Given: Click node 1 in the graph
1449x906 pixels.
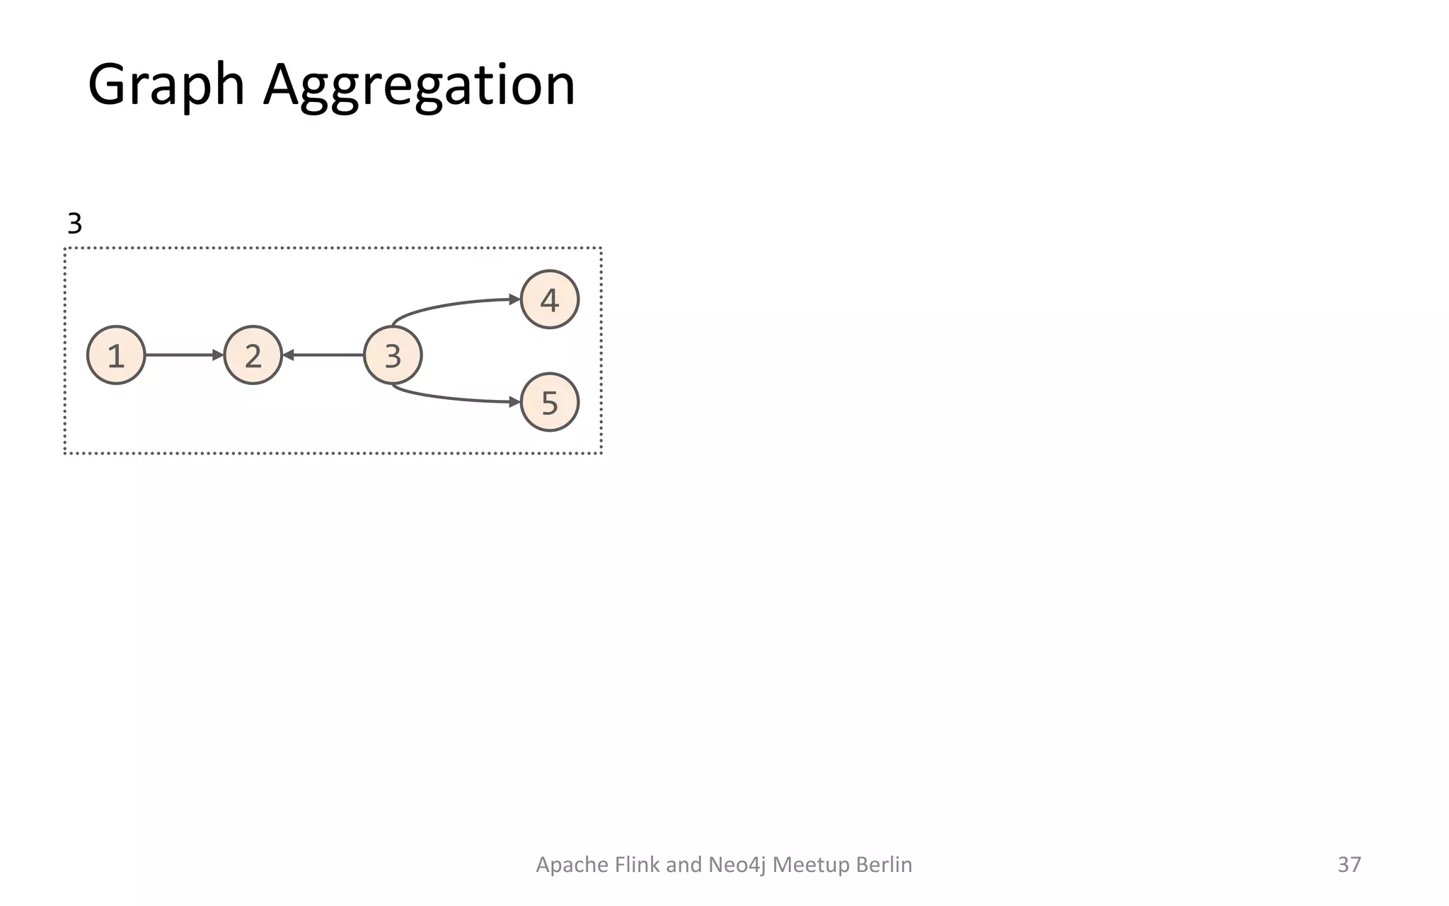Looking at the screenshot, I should point(116,355).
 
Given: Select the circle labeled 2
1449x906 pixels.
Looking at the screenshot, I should point(253,355).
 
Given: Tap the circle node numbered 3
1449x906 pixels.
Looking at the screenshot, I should point(393,355).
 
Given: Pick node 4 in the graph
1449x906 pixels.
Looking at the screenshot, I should point(550,299).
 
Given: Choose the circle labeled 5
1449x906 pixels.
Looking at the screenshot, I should point(550,402).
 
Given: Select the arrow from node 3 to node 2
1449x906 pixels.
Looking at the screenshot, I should point(324,355).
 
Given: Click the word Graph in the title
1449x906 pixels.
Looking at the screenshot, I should point(166,85).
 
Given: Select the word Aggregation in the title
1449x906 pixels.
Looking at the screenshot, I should point(419,85).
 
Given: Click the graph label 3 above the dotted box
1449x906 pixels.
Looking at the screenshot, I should point(74,224).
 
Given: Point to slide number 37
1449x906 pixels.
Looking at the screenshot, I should point(1349,864).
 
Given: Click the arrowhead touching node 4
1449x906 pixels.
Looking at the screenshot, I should point(515,299).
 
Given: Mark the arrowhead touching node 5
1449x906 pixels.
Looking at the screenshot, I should point(515,402).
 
